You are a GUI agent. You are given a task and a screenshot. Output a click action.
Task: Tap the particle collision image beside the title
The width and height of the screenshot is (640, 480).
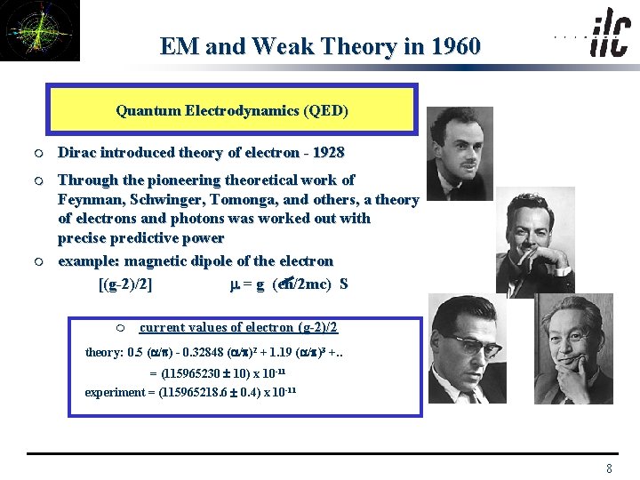coord(40,30)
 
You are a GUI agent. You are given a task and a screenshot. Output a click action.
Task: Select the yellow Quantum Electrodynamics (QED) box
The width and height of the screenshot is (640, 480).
coord(232,109)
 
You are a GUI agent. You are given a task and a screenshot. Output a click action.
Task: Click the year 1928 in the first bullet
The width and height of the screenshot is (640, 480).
coord(326,153)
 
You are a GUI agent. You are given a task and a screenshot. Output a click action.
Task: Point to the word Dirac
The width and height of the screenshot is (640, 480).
coord(77,153)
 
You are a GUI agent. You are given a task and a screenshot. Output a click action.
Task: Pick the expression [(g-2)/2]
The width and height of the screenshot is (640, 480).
coord(125,284)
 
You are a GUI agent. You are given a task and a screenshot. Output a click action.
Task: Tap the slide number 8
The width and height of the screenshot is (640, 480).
coord(609,468)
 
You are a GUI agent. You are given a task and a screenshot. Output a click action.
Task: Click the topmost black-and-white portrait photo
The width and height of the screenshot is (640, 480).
coord(459,153)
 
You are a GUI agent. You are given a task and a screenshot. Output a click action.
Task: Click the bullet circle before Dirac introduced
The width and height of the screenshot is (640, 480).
coord(41,153)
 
